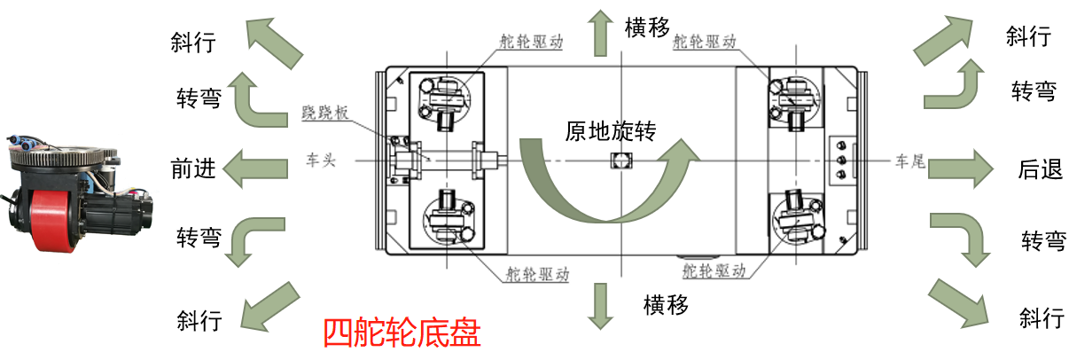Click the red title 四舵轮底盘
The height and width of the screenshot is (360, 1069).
(x=402, y=333)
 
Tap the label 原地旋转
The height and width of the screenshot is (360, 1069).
(x=611, y=131)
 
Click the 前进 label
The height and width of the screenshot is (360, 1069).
(x=193, y=169)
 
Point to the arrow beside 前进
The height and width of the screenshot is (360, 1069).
(x=255, y=168)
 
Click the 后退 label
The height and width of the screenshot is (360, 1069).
(x=1041, y=169)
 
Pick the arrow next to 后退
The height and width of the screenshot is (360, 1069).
(x=960, y=169)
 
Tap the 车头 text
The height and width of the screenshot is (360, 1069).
(x=321, y=160)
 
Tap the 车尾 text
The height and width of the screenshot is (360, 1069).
(x=910, y=160)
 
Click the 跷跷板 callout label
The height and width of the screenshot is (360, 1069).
(x=324, y=113)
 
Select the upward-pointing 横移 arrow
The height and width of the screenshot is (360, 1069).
(x=600, y=33)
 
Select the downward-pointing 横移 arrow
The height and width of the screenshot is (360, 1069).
(x=600, y=306)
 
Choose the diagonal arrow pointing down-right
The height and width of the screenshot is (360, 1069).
(x=959, y=303)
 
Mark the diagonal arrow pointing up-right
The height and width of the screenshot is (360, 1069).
(x=942, y=40)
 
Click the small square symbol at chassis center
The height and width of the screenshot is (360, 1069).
(x=621, y=160)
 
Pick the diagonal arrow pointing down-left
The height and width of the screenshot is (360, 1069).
(x=270, y=307)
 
